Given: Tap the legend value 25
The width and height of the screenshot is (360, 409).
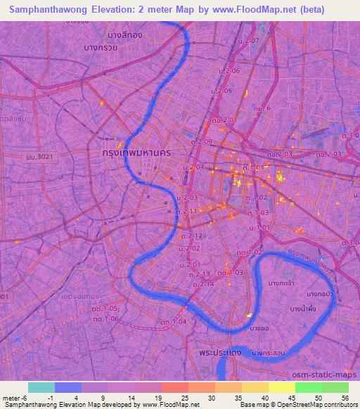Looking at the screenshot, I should click(184, 397).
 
